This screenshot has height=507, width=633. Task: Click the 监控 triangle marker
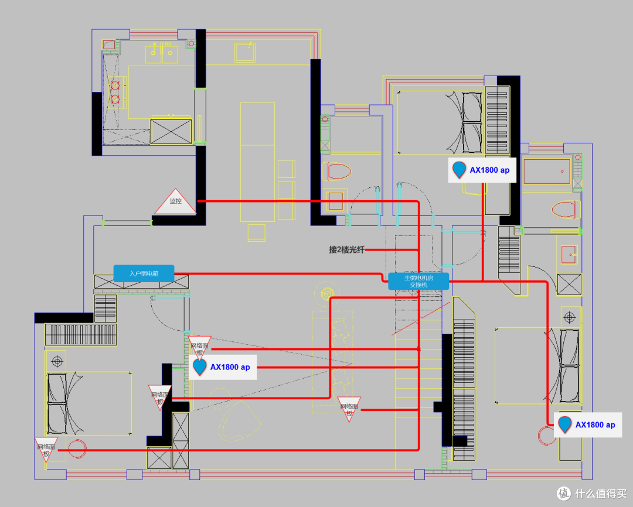pyautogui.click(x=176, y=202)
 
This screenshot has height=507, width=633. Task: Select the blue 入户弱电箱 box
pyautogui.click(x=144, y=273)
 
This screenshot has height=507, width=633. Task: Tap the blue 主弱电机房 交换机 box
pyautogui.click(x=418, y=281)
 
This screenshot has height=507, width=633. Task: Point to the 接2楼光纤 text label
pyautogui.click(x=346, y=249)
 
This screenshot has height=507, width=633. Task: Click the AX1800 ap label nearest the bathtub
pyautogui.click(x=482, y=170)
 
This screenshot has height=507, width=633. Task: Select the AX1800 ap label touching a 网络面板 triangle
pyautogui.click(x=223, y=367)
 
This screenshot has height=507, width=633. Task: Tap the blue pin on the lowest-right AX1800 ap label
pyautogui.click(x=564, y=424)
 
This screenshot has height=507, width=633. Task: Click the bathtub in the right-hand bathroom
pyautogui.click(x=547, y=172)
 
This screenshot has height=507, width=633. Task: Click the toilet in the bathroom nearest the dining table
pyautogui.click(x=336, y=172)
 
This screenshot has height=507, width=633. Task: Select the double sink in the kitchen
pyautogui.click(x=162, y=53)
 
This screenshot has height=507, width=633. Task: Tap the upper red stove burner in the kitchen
pyautogui.click(x=115, y=85)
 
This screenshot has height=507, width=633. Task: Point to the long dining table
pyautogui.click(x=257, y=162)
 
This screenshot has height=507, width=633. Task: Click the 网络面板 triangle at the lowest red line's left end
pyautogui.click(x=46, y=449)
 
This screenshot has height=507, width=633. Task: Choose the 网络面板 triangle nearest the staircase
pyautogui.click(x=349, y=409)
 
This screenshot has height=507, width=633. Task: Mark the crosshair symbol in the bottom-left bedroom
pyautogui.click(x=57, y=361)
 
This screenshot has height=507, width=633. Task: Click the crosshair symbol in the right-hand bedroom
pyautogui.click(x=569, y=317)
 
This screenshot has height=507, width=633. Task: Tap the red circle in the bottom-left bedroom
pyautogui.click(x=77, y=449)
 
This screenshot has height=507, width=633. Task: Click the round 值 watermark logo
pyautogui.click(x=564, y=493)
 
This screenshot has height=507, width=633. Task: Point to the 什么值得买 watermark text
pyautogui.click(x=601, y=494)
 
